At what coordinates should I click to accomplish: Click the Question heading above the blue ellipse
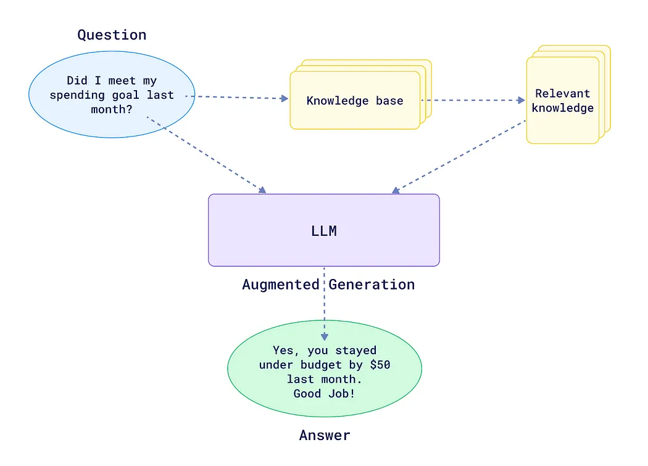click(112, 35)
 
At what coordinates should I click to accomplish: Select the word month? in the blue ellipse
click(112, 109)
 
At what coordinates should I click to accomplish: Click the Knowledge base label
click(355, 101)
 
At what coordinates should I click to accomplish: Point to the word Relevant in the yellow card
click(562, 94)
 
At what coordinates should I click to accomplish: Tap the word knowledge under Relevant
click(562, 108)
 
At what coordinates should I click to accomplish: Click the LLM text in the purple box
click(324, 231)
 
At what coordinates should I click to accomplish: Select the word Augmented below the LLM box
click(281, 285)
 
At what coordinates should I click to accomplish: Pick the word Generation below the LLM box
click(372, 285)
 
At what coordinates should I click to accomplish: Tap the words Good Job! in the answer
click(324, 393)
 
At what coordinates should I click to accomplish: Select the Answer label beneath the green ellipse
click(325, 435)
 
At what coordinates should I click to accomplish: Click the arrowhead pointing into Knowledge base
click(285, 99)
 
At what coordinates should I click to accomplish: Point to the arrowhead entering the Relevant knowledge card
click(520, 101)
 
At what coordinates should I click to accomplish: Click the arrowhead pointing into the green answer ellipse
click(324, 336)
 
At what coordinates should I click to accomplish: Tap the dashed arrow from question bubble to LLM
click(207, 155)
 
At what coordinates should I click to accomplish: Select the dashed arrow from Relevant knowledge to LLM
click(460, 157)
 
